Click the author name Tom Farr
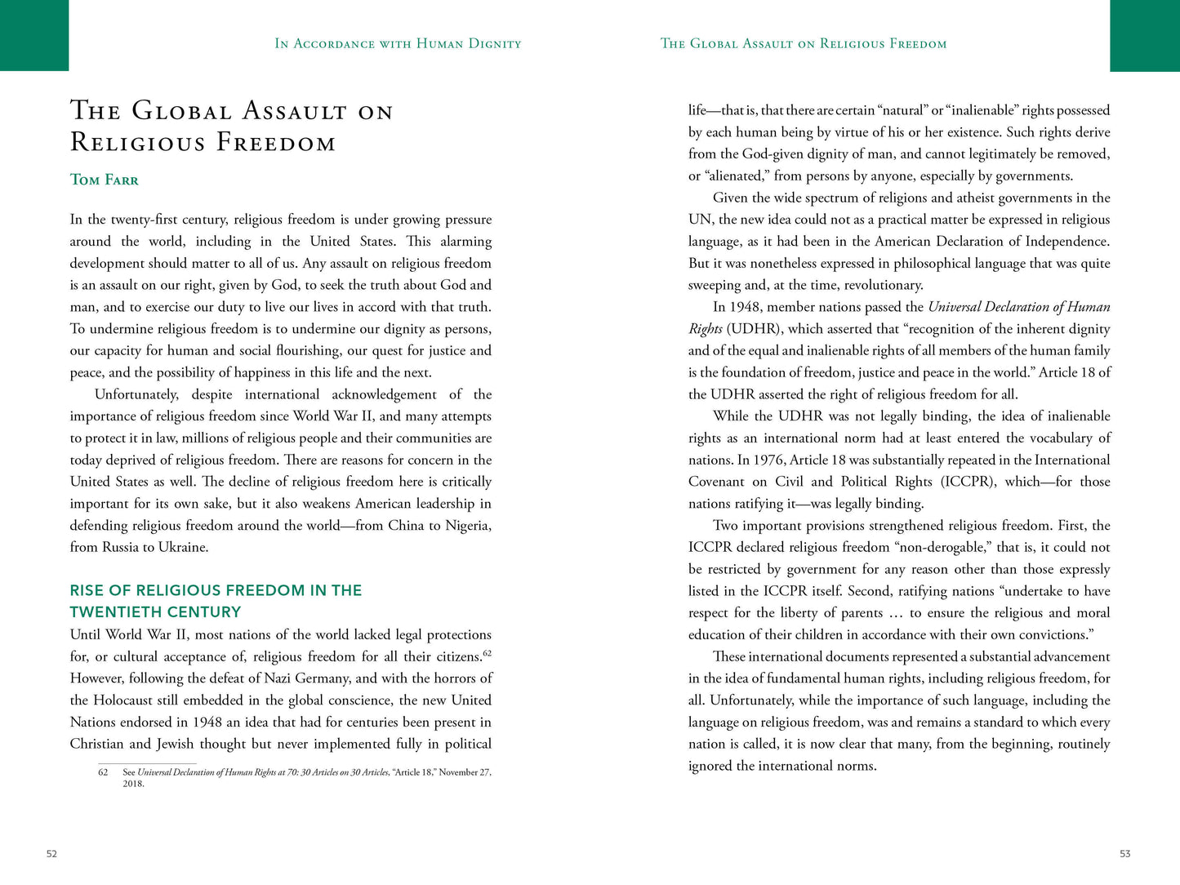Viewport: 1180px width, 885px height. (x=105, y=180)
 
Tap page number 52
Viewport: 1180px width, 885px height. (x=51, y=853)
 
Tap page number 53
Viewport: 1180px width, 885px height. (x=1124, y=853)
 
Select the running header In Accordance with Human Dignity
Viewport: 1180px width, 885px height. (x=398, y=44)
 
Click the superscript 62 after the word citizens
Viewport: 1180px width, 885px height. (x=487, y=653)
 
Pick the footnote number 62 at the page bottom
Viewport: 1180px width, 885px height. (x=103, y=772)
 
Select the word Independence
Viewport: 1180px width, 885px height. (x=1067, y=242)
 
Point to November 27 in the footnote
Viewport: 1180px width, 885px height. (x=465, y=772)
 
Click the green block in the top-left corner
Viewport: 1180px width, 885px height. (x=34, y=35)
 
